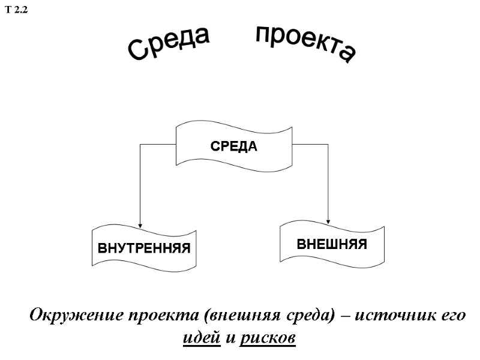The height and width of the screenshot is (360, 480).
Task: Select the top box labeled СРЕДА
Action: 233,146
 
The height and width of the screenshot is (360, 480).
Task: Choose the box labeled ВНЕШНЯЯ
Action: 332,244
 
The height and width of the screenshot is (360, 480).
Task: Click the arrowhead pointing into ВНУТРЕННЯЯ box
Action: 140,224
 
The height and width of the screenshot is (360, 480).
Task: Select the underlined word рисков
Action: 268,338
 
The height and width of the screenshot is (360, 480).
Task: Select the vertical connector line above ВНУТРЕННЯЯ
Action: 140,180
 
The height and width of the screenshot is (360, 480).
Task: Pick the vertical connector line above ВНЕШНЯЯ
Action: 329,180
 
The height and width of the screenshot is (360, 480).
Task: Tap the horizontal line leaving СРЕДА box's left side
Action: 157,144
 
